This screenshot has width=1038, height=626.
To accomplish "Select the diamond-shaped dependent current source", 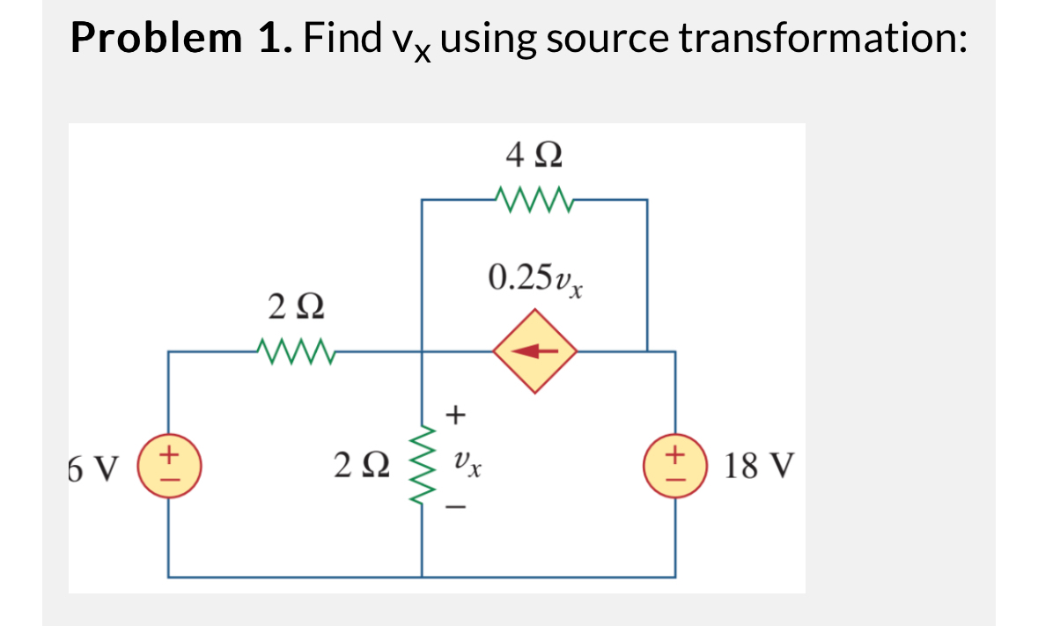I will [x=534, y=351].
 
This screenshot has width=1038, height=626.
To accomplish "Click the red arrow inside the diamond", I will [x=534, y=351].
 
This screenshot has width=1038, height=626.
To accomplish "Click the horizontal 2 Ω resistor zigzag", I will [x=294, y=352].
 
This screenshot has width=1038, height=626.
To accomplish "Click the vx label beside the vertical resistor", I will [x=467, y=461].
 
